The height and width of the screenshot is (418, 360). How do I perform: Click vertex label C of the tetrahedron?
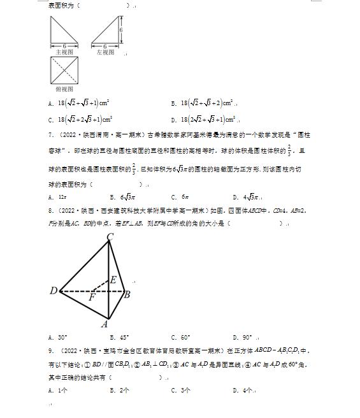point(110,238)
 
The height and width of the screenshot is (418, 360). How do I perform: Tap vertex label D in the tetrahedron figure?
point(54,291)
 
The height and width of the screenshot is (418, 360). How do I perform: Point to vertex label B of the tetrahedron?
point(127,294)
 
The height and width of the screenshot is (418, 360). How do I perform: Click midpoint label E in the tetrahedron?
point(113,280)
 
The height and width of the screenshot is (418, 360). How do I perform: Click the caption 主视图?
point(64,52)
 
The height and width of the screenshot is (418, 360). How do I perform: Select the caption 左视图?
point(105,52)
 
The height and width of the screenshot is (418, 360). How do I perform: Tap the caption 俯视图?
point(64,90)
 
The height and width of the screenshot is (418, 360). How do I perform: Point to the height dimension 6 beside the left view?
point(120,30)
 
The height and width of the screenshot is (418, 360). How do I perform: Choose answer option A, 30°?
point(58,338)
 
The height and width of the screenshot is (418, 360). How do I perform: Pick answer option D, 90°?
point(242,338)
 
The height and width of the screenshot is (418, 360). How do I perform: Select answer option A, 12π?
point(59,197)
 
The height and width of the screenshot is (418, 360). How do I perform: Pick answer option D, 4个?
point(244,391)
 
